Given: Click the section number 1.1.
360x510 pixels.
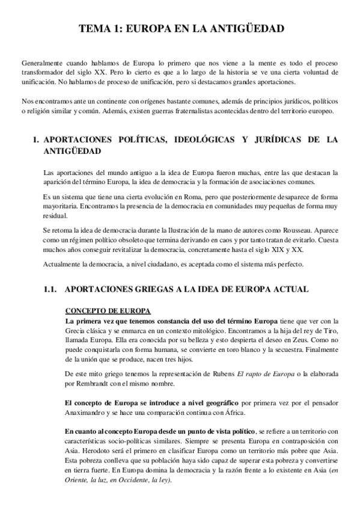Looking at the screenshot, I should (x=53, y=289).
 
